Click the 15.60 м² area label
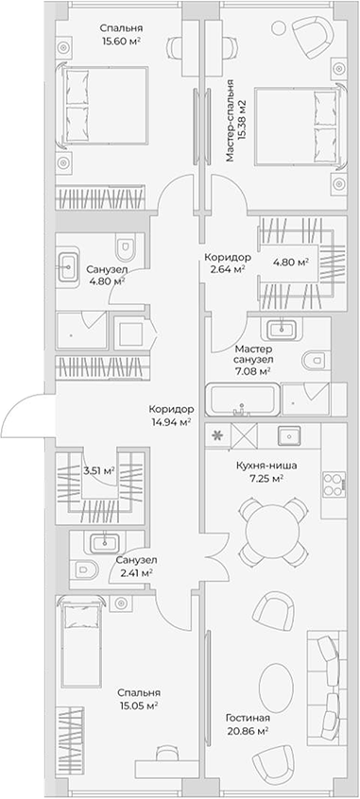120,40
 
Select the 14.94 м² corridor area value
171,421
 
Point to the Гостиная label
248,719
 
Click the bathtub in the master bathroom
243,400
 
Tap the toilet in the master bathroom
317,361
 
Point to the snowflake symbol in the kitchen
217,435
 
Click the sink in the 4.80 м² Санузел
68,265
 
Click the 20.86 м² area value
249,731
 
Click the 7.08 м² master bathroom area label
254,371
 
